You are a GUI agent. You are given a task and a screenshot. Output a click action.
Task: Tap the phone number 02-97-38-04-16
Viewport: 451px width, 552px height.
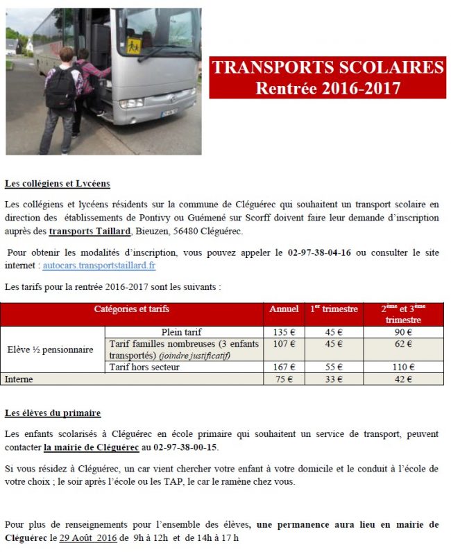[318, 252]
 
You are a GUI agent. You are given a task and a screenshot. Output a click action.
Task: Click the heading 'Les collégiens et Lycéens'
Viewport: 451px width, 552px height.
[57, 184]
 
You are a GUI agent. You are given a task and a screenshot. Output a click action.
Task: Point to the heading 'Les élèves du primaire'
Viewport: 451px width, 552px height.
[52, 413]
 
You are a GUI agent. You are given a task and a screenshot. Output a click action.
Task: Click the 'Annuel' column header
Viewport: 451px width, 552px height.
[284, 309]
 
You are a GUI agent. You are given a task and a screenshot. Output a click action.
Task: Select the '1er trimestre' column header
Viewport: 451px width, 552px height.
[334, 309]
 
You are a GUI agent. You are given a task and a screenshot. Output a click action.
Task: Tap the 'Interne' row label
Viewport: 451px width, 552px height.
[19, 379]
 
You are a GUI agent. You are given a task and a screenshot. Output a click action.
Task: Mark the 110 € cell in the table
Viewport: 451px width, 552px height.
[403, 368]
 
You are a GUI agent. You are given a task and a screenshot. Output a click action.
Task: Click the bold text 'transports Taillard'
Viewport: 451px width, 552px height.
[90, 231]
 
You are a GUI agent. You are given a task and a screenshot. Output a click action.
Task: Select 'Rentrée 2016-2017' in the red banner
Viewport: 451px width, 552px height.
[327, 88]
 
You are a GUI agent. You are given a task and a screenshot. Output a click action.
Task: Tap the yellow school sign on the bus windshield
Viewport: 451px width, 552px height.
[134, 46]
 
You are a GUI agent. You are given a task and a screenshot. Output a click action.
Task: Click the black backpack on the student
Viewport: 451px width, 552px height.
[60, 88]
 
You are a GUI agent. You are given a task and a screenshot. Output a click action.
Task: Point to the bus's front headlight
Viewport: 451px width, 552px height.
[130, 103]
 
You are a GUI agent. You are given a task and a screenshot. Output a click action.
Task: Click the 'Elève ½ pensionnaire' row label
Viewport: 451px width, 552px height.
[49, 350]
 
